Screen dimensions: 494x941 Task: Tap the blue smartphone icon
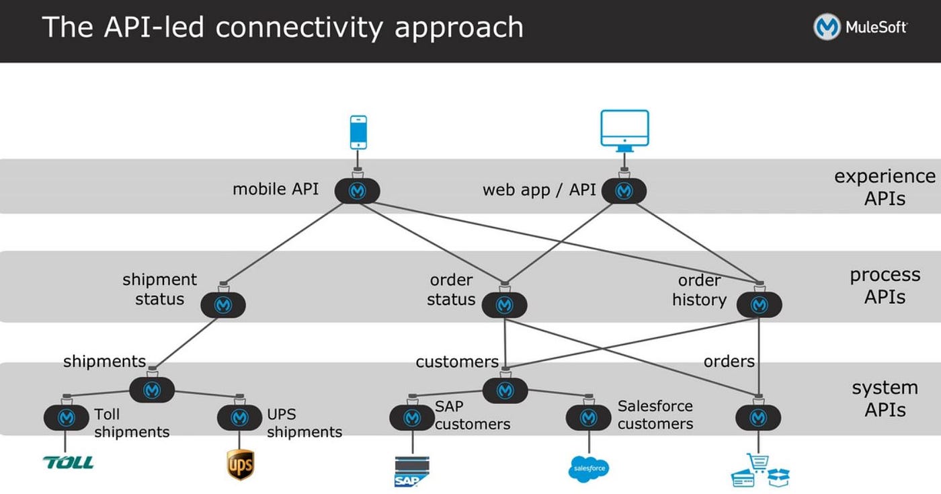point(358,132)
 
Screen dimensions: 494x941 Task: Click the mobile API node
point(357,192)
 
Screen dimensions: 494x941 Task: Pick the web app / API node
point(624,192)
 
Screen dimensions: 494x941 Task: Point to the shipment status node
point(223,305)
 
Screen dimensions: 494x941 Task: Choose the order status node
point(504,305)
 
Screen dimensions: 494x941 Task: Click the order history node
point(759,305)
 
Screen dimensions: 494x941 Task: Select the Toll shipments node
point(66,417)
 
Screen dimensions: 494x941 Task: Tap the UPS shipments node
point(239,417)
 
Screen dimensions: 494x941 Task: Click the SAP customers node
point(412,417)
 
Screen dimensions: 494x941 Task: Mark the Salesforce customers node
point(588,417)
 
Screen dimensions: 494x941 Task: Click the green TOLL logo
point(68,462)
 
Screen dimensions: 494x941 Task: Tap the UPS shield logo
point(240,464)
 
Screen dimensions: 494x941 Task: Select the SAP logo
point(412,471)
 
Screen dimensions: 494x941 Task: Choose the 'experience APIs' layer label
point(885,187)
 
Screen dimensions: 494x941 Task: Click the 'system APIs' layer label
point(885,399)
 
